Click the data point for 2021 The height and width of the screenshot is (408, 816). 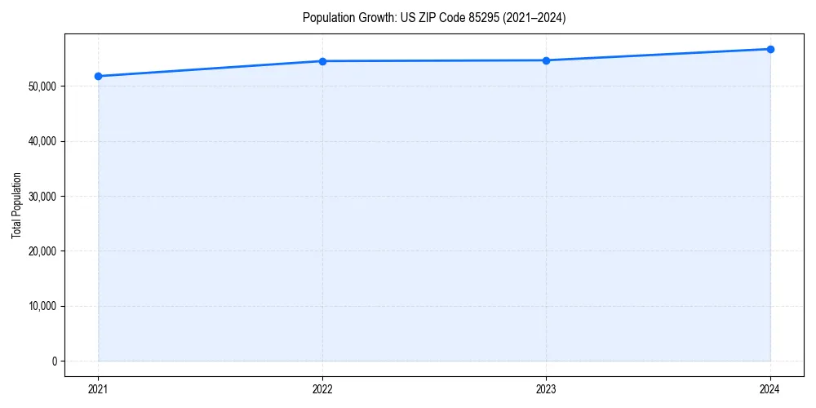[x=98, y=76]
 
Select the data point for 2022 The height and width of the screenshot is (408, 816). [x=322, y=61]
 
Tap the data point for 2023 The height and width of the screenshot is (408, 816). [x=546, y=60]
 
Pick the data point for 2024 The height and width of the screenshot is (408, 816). [x=770, y=49]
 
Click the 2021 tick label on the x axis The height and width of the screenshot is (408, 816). [x=98, y=389]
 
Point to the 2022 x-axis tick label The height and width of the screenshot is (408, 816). [x=322, y=389]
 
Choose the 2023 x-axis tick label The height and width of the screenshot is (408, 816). [x=546, y=389]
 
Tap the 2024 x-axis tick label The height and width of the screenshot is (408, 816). [x=770, y=389]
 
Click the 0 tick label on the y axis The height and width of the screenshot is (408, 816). [x=55, y=361]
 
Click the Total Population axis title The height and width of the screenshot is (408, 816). [x=16, y=205]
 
